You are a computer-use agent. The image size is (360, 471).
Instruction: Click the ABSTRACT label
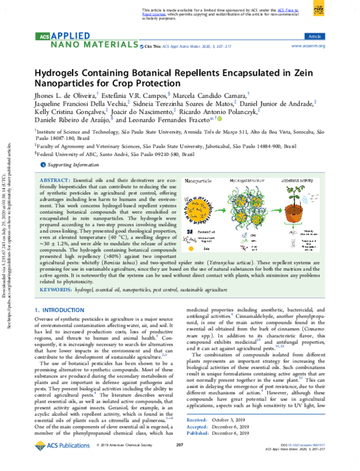56,181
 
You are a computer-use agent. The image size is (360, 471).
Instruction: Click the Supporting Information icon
42,164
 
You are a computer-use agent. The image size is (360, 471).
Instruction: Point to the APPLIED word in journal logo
70,37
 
